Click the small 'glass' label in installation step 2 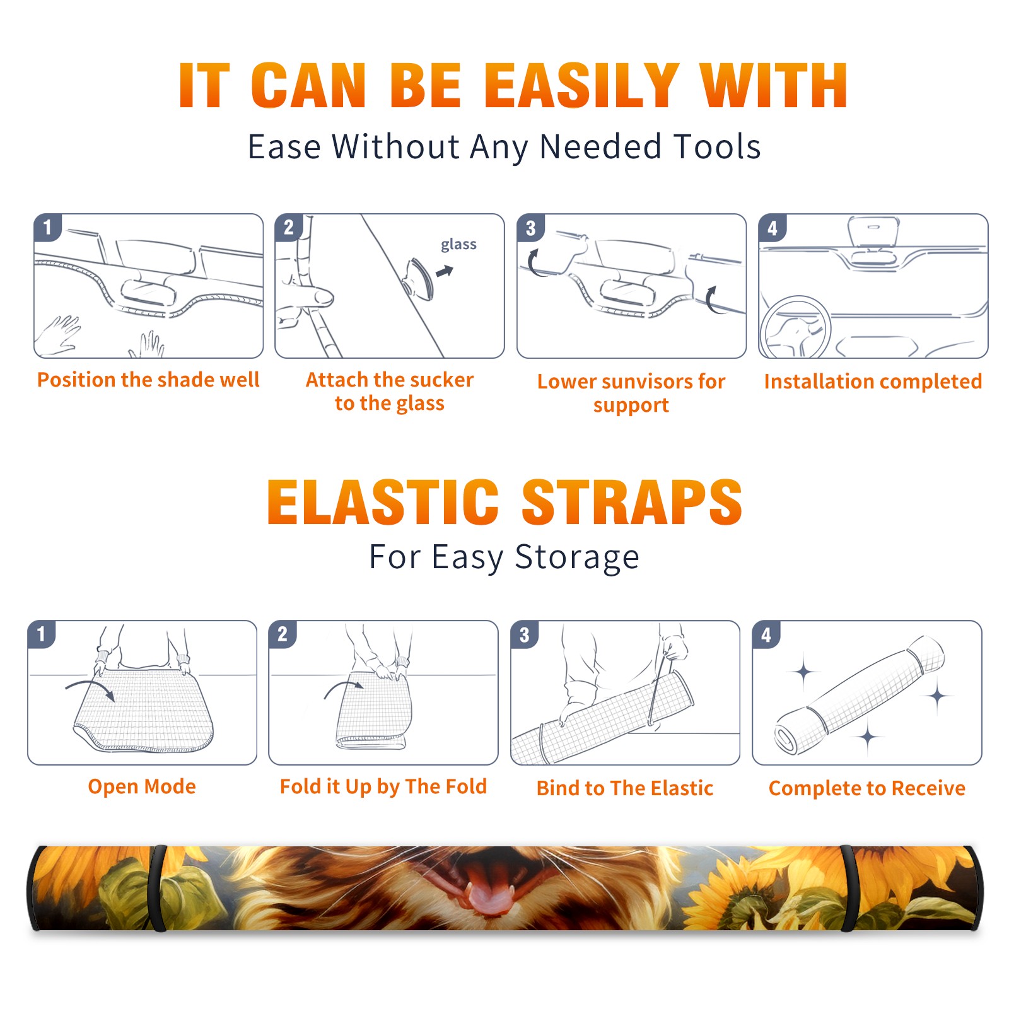point(458,245)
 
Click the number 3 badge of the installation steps point(530,228)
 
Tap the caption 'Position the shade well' point(148,380)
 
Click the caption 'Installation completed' point(873,381)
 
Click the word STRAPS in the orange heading point(632,502)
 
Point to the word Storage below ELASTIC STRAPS point(577,557)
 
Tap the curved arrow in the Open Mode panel point(90,689)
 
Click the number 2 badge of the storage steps point(282,634)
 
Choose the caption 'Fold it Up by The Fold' point(383,787)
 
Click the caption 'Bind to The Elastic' point(625,788)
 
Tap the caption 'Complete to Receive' point(867,788)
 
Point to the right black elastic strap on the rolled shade point(848,889)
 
